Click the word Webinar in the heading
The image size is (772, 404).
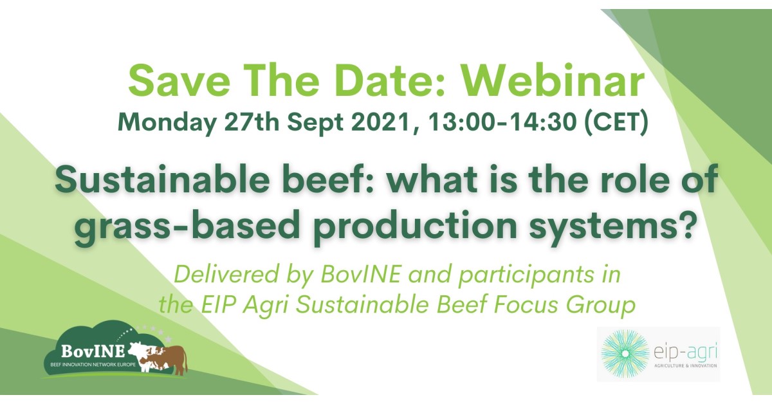click(553, 82)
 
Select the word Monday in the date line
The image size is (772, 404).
click(167, 123)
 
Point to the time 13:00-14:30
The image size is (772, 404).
click(502, 122)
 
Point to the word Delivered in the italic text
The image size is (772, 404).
click(226, 275)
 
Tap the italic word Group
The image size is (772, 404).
click(600, 306)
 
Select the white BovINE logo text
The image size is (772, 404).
click(93, 351)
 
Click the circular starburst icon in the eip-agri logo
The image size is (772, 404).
click(625, 354)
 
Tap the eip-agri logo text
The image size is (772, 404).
click(686, 353)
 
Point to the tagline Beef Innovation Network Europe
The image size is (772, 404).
click(93, 364)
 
